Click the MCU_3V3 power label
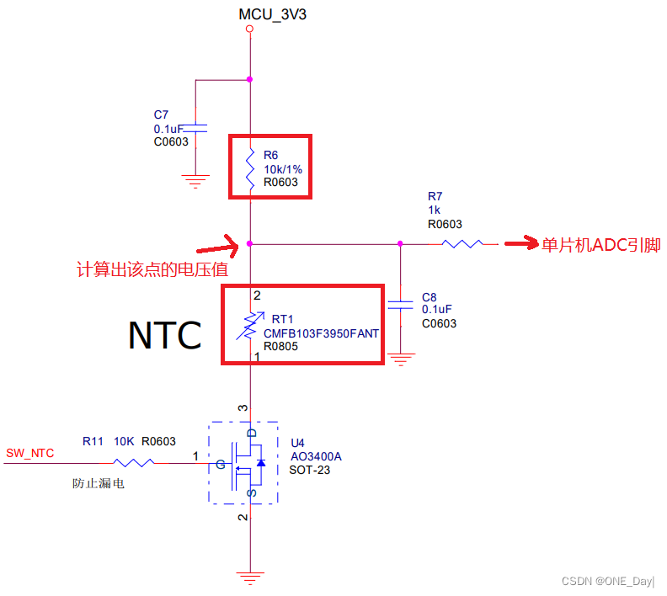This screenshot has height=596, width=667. tap(272, 14)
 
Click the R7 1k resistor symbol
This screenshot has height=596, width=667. tap(462, 244)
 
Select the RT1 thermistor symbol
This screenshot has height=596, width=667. tap(250, 324)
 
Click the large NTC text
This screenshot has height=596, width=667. tap(164, 335)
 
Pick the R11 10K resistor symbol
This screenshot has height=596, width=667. tap(133, 461)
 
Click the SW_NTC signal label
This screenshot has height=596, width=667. tap(30, 453)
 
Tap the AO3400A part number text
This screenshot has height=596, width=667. tap(316, 456)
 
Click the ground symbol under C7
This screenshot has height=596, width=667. tap(195, 178)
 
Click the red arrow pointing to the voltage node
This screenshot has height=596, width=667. tap(217, 249)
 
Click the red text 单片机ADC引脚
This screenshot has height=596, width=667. tap(601, 245)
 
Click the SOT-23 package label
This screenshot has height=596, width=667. tap(310, 470)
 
